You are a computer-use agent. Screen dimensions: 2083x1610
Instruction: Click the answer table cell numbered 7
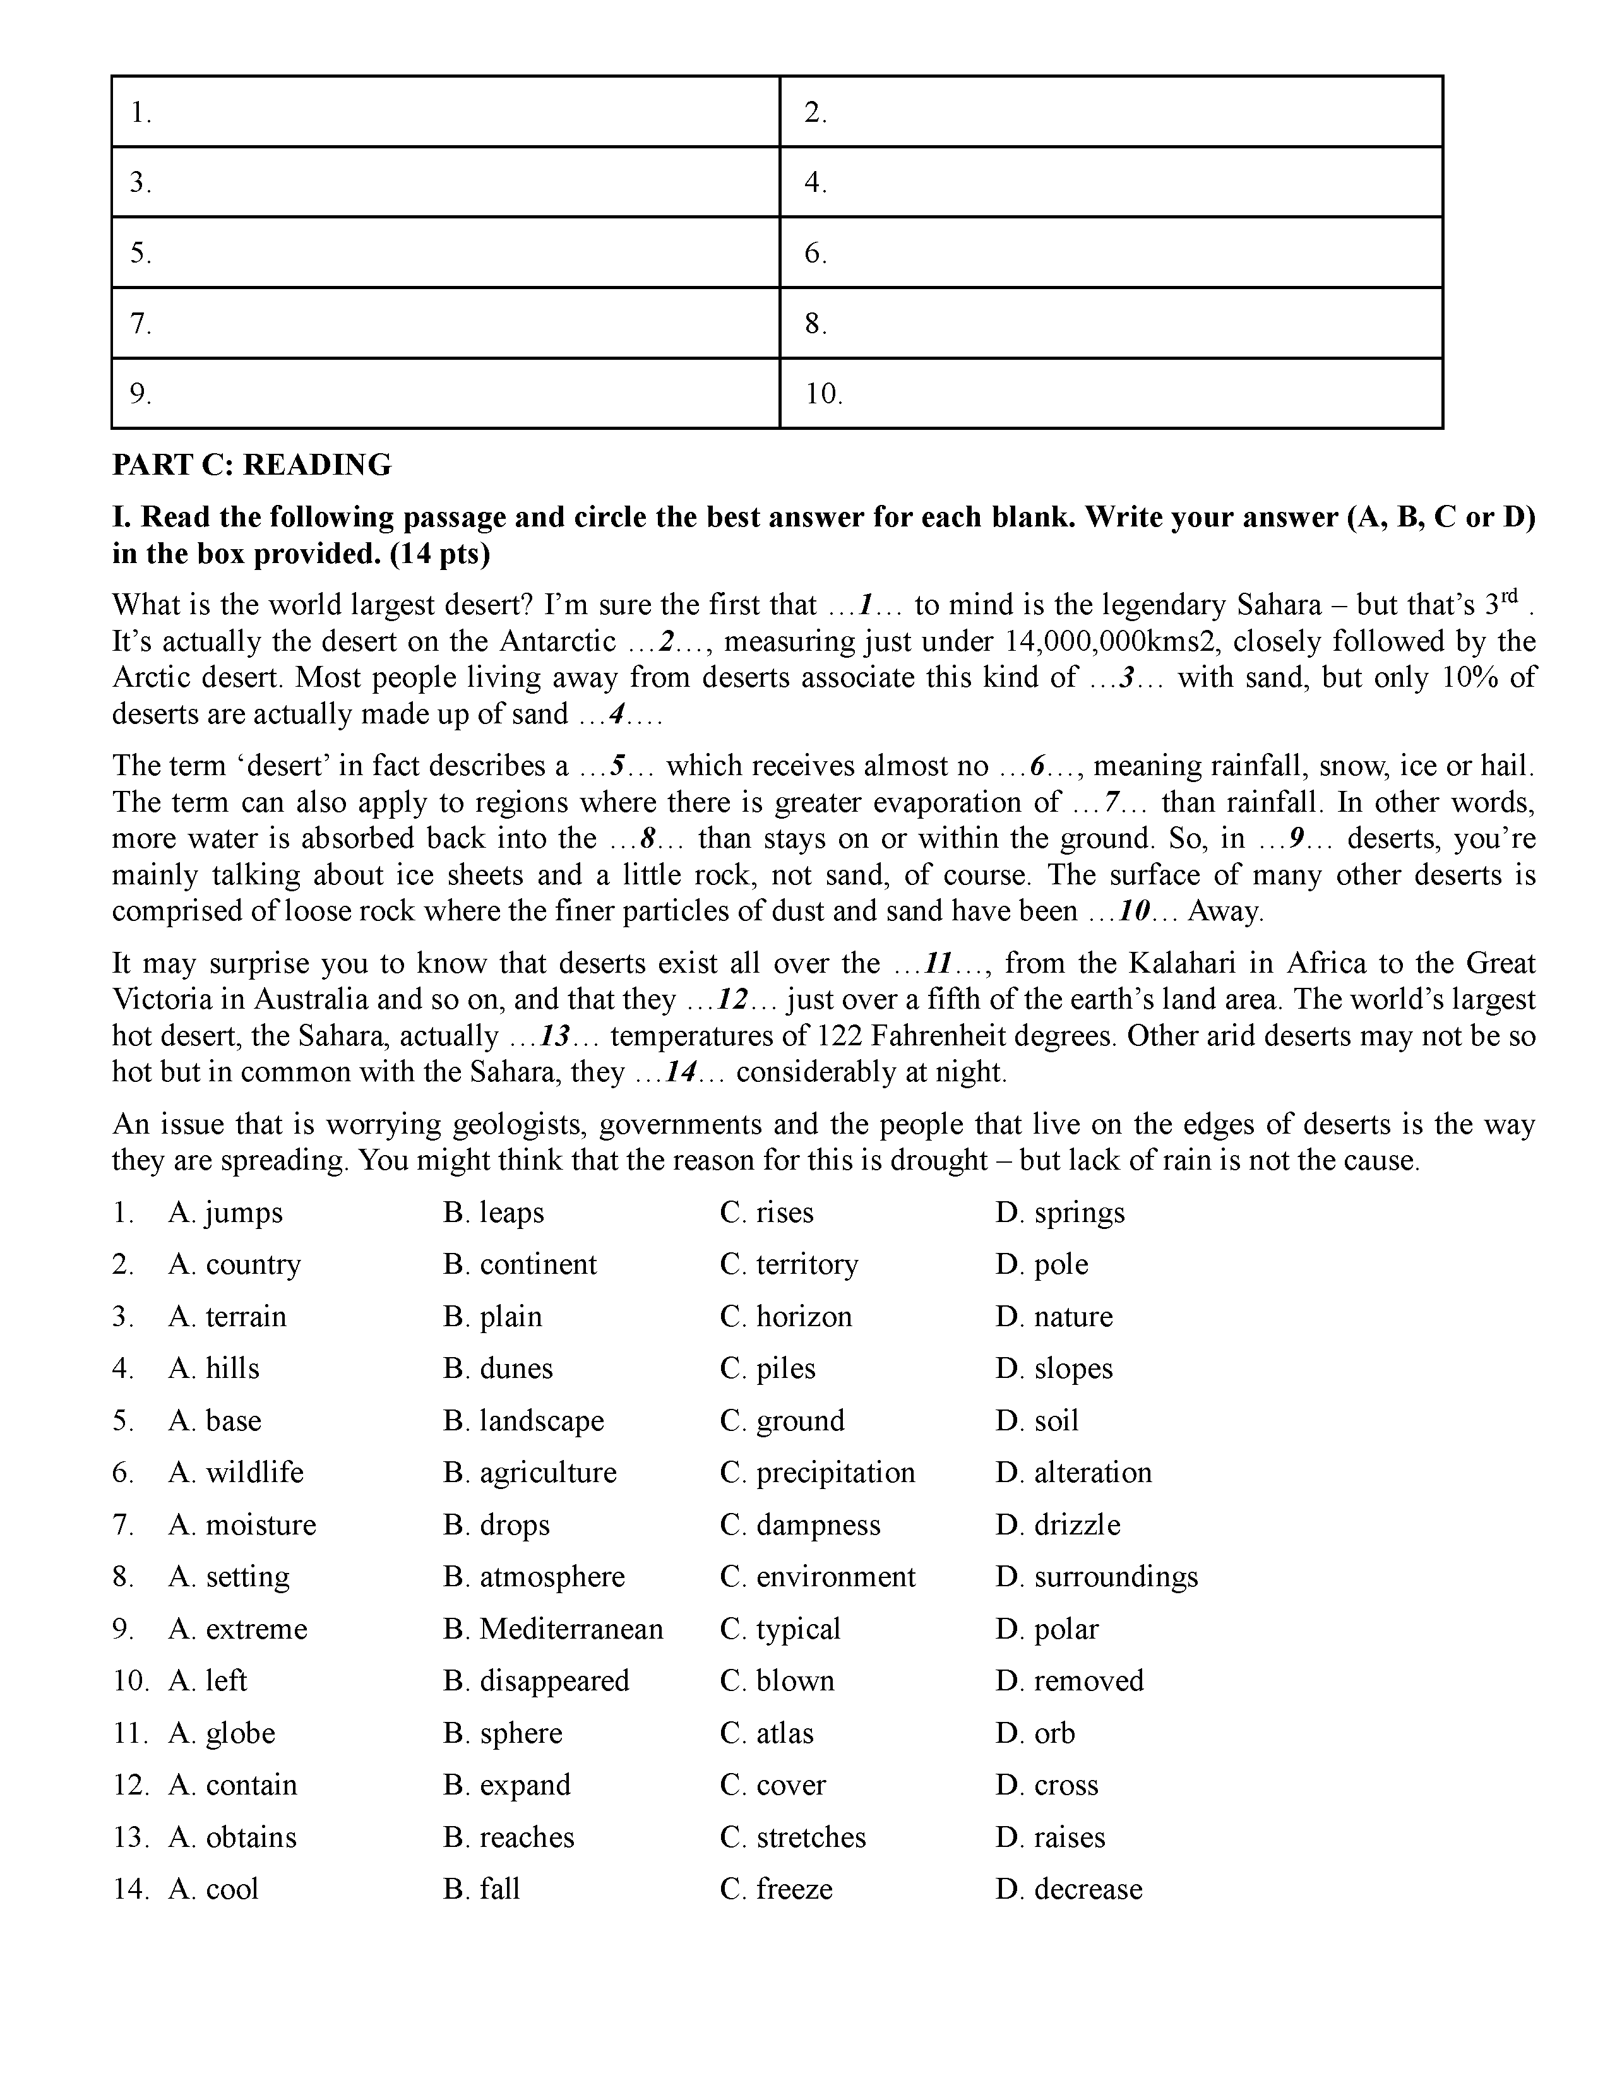pyautogui.click(x=445, y=323)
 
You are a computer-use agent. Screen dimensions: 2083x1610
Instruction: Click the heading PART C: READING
pyautogui.click(x=252, y=465)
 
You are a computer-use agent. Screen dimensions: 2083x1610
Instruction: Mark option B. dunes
pyautogui.click(x=498, y=1368)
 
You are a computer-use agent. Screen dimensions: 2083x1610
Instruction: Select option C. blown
pyautogui.click(x=777, y=1680)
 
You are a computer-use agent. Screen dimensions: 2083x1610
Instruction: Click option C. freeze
pyautogui.click(x=777, y=1889)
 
